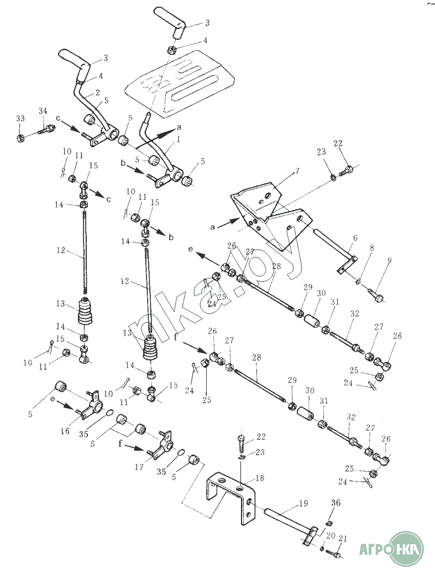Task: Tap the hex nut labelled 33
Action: (x=18, y=137)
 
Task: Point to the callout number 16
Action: (x=65, y=431)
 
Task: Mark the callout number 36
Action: (x=336, y=503)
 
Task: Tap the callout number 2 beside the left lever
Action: (x=97, y=92)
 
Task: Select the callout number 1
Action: (x=179, y=141)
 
